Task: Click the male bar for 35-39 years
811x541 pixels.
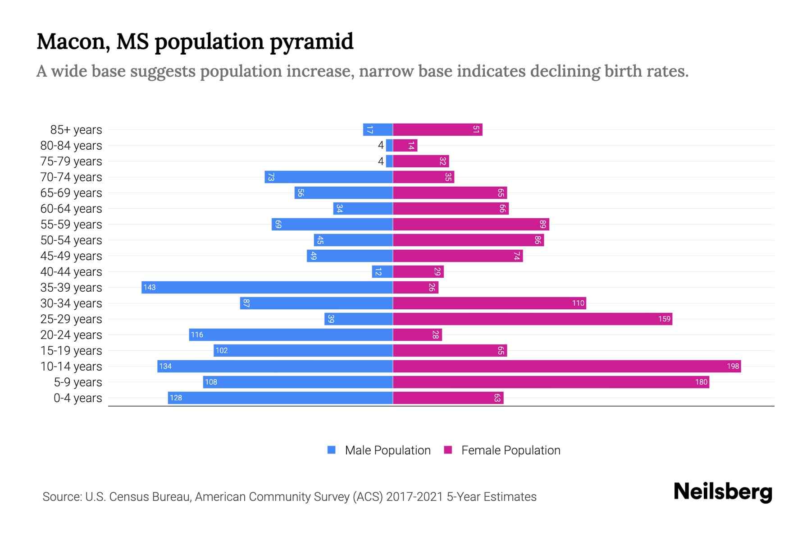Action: (267, 287)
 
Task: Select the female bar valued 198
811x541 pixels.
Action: (567, 366)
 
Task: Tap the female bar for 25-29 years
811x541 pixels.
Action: (533, 319)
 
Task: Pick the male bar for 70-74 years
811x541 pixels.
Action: (329, 177)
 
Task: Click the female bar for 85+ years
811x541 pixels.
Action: (437, 129)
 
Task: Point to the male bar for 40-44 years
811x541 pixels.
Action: (383, 271)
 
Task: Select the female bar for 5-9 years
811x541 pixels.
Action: (551, 382)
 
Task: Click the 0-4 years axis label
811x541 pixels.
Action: (77, 398)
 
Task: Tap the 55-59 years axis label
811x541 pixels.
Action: (71, 225)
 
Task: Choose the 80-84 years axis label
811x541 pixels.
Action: (71, 146)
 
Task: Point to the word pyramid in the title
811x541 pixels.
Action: (312, 41)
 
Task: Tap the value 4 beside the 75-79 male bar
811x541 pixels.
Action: (381, 161)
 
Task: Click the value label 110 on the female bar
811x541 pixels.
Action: (578, 303)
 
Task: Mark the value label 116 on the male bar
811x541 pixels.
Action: (197, 335)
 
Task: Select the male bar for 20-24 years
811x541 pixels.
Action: (291, 335)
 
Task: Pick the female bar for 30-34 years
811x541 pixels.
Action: (489, 303)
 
